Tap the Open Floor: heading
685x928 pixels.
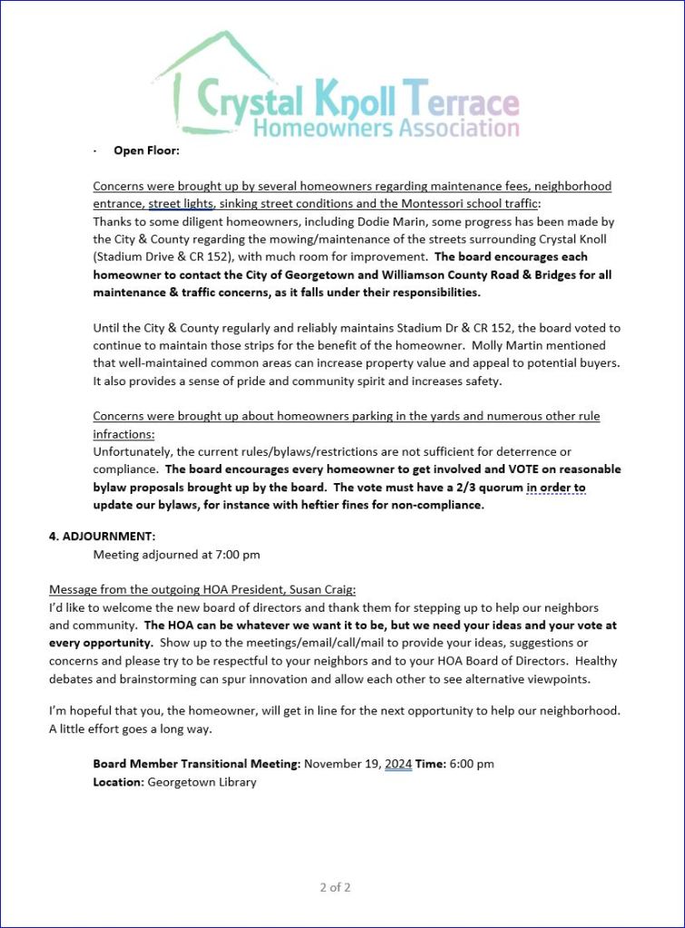(x=146, y=150)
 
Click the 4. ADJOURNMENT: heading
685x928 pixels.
(x=102, y=536)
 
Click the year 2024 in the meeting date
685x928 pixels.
(x=398, y=764)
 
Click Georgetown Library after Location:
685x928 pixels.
(x=201, y=782)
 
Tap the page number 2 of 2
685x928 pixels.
(x=335, y=887)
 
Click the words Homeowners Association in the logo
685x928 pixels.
(x=386, y=127)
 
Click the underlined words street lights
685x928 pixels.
(x=181, y=204)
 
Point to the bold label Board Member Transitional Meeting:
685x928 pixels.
(x=196, y=764)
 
